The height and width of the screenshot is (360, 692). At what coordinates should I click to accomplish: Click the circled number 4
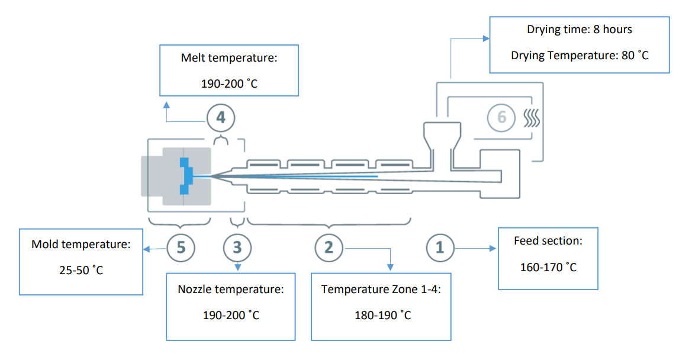coord(221,118)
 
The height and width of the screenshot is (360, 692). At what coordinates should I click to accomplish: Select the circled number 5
coord(181,247)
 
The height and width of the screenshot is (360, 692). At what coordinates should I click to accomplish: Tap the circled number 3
coord(237,247)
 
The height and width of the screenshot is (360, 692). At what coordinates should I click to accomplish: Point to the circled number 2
coord(329,247)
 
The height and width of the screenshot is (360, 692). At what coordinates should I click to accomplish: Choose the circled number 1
coord(440,247)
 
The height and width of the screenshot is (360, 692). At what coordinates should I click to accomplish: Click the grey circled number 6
coord(501,117)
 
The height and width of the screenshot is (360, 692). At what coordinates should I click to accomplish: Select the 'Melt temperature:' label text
coord(229,59)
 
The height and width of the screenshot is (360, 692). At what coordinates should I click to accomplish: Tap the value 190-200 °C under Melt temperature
coord(229,84)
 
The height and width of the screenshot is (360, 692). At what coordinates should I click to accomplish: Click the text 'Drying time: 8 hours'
coord(580,30)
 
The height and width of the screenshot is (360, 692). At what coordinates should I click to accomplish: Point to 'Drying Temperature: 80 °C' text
coord(580,55)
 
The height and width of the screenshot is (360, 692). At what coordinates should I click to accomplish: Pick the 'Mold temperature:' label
coord(81,244)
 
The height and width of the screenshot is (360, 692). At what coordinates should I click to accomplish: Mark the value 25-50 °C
coord(81,271)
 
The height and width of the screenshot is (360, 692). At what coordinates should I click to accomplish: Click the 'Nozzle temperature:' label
coord(231,290)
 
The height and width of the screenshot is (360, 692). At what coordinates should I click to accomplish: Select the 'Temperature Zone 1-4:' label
coord(381,290)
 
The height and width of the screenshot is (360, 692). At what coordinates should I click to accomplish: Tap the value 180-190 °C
coord(381,315)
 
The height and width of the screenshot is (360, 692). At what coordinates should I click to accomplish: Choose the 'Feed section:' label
coord(548,242)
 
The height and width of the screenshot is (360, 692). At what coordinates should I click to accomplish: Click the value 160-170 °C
coord(548,267)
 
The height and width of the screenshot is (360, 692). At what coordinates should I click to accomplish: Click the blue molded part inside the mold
coord(186,175)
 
